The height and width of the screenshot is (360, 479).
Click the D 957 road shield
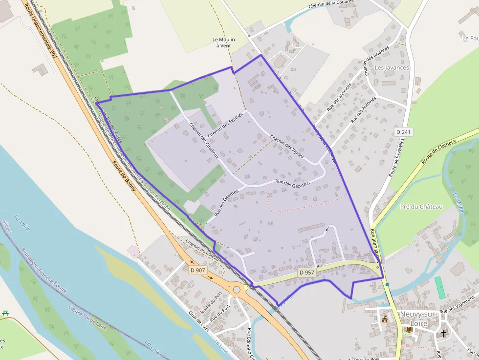[306, 273]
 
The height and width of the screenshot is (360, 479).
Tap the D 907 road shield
[198, 270]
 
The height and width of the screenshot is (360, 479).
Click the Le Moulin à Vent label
[223, 42]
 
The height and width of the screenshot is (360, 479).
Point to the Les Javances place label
[392, 67]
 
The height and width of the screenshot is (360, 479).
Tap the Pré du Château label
[421, 207]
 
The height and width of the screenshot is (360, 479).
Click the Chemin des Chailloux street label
[204, 139]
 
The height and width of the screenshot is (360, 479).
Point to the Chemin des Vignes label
[287, 147]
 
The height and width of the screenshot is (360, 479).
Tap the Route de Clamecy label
[438, 151]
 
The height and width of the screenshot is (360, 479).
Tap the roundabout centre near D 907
[237, 289]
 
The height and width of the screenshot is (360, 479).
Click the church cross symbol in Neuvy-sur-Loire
[444, 334]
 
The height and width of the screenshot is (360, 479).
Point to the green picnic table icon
[6, 313]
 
